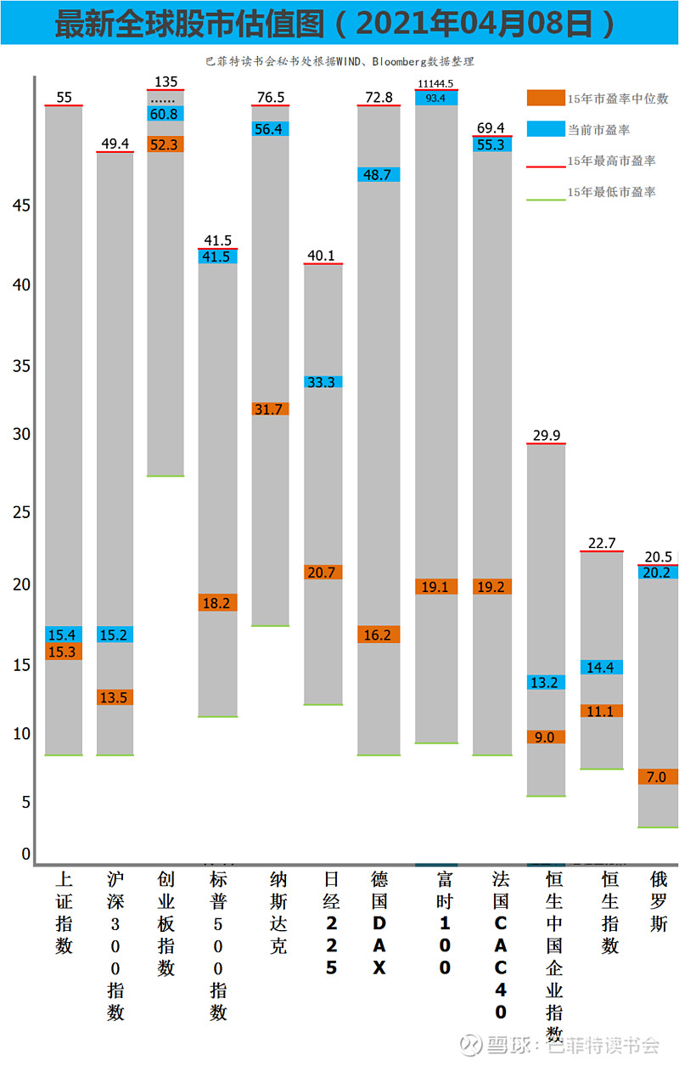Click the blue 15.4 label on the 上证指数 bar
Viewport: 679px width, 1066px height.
tap(64, 635)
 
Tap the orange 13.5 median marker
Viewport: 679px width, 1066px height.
tap(115, 697)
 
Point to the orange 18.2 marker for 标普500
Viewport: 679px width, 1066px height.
tap(218, 602)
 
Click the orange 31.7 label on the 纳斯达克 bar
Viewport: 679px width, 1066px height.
tap(270, 409)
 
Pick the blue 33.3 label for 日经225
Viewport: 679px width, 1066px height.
tap(323, 382)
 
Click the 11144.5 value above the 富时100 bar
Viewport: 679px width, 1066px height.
tap(436, 83)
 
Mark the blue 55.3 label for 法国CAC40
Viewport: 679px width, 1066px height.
tap(491, 144)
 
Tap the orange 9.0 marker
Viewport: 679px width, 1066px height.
tap(545, 736)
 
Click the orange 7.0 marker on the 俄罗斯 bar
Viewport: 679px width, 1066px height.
tap(657, 776)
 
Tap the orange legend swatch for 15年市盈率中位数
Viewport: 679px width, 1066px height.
tap(545, 99)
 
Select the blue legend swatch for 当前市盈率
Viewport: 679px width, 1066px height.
tap(545, 130)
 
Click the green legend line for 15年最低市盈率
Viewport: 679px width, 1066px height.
tap(545, 198)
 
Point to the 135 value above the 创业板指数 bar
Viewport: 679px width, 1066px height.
tap(166, 82)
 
